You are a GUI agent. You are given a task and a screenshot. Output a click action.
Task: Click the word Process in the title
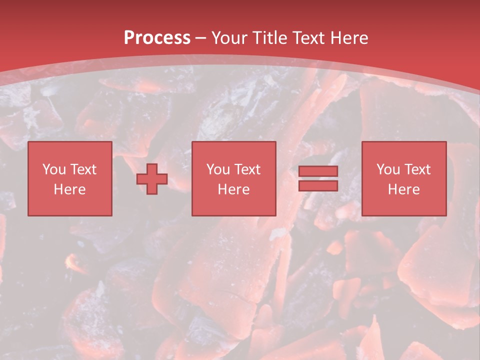pos(157,38)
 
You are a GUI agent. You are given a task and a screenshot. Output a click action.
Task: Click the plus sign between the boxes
pos(152,178)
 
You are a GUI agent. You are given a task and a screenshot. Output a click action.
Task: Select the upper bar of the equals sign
pos(318,171)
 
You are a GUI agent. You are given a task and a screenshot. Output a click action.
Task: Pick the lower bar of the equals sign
pos(318,185)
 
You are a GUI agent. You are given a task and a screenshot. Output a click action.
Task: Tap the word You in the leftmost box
pos(54,169)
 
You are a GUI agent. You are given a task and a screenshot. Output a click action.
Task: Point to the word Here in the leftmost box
pos(70,189)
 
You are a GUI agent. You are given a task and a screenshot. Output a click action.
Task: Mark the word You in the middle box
pos(218,169)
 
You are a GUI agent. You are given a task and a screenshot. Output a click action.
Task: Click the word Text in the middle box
pos(247,169)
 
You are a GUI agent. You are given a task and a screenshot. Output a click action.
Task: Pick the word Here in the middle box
pos(234,189)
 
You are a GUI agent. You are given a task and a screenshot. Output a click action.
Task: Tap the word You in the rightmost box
pos(388,169)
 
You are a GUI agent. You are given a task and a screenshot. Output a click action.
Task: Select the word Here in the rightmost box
pos(404,189)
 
